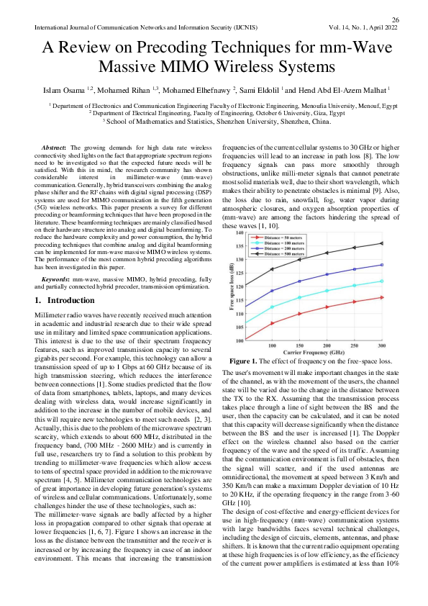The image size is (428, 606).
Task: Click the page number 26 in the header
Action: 395,19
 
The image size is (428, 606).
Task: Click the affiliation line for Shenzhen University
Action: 214,122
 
